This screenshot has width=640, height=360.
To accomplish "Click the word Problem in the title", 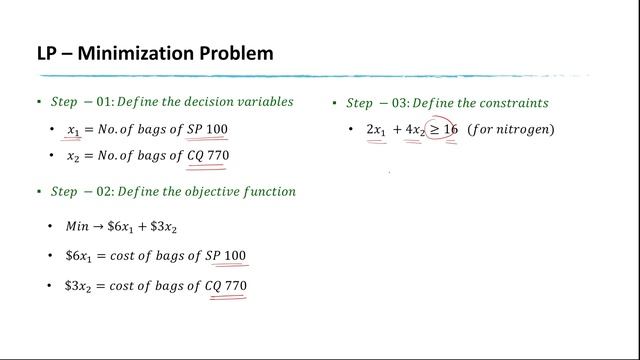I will (235, 52).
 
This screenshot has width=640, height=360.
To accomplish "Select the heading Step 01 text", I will (84, 101).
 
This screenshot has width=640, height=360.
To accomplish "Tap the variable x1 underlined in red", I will (73, 130).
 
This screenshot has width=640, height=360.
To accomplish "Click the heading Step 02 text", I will (84, 191).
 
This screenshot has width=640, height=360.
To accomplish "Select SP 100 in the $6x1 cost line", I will (225, 256).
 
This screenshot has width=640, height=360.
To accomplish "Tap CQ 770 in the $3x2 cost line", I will (225, 286).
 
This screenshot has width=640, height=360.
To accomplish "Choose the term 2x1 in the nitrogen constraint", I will (376, 130).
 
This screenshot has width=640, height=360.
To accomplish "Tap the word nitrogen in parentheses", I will (525, 130).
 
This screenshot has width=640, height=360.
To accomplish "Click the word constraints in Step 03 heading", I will (513, 103).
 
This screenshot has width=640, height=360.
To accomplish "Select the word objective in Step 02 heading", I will (213, 191).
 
